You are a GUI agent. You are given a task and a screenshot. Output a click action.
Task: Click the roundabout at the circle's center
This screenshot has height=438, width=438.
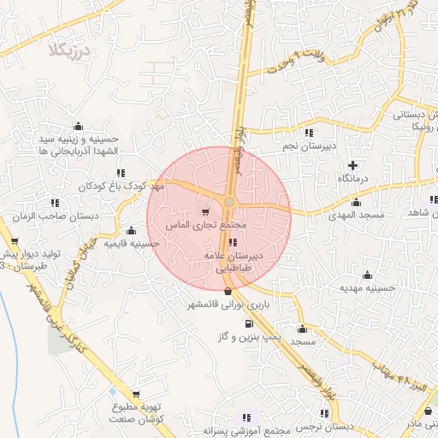[229, 202]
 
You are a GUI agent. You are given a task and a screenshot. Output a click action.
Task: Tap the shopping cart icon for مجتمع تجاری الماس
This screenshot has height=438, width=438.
[204, 210]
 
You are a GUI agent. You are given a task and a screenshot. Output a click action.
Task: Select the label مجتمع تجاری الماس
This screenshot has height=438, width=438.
[210, 224]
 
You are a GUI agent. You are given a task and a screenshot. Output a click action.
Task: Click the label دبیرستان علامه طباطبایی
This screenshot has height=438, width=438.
[236, 261]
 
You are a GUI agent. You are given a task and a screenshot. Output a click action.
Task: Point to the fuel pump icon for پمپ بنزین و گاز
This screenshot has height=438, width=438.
[249, 323]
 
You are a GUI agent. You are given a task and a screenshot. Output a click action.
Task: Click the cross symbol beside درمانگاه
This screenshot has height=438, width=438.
[352, 163]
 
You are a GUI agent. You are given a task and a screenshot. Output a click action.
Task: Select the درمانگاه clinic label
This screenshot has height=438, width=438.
[352, 178]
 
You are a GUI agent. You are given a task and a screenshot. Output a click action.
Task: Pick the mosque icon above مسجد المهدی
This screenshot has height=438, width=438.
[356, 203]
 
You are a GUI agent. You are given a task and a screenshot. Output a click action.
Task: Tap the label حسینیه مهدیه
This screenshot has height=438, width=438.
[367, 288]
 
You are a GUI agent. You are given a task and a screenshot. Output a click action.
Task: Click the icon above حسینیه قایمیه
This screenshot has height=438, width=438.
[131, 230]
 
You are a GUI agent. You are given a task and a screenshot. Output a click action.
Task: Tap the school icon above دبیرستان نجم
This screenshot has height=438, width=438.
[309, 132]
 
